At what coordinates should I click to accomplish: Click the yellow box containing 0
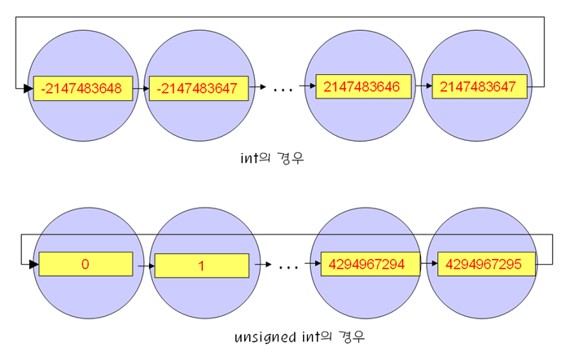tap(85, 264)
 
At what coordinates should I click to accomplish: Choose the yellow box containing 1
tap(202, 266)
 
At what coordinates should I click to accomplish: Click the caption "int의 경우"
tap(267, 161)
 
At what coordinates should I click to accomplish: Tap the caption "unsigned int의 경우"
tap(293, 336)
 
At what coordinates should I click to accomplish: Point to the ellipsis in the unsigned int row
tap(287, 266)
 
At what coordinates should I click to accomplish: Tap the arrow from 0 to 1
tap(144, 266)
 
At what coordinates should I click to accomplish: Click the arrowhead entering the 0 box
tap(33, 264)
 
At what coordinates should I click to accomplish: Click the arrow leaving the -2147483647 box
tap(259, 86)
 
